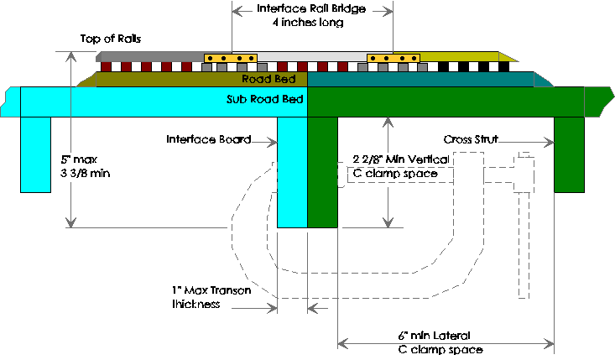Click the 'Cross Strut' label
(x=471, y=138)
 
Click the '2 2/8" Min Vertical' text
(x=399, y=159)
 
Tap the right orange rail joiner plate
(x=393, y=58)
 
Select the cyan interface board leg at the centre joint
(x=292, y=172)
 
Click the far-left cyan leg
(x=36, y=155)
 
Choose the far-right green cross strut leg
(x=568, y=155)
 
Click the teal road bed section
(x=420, y=79)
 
